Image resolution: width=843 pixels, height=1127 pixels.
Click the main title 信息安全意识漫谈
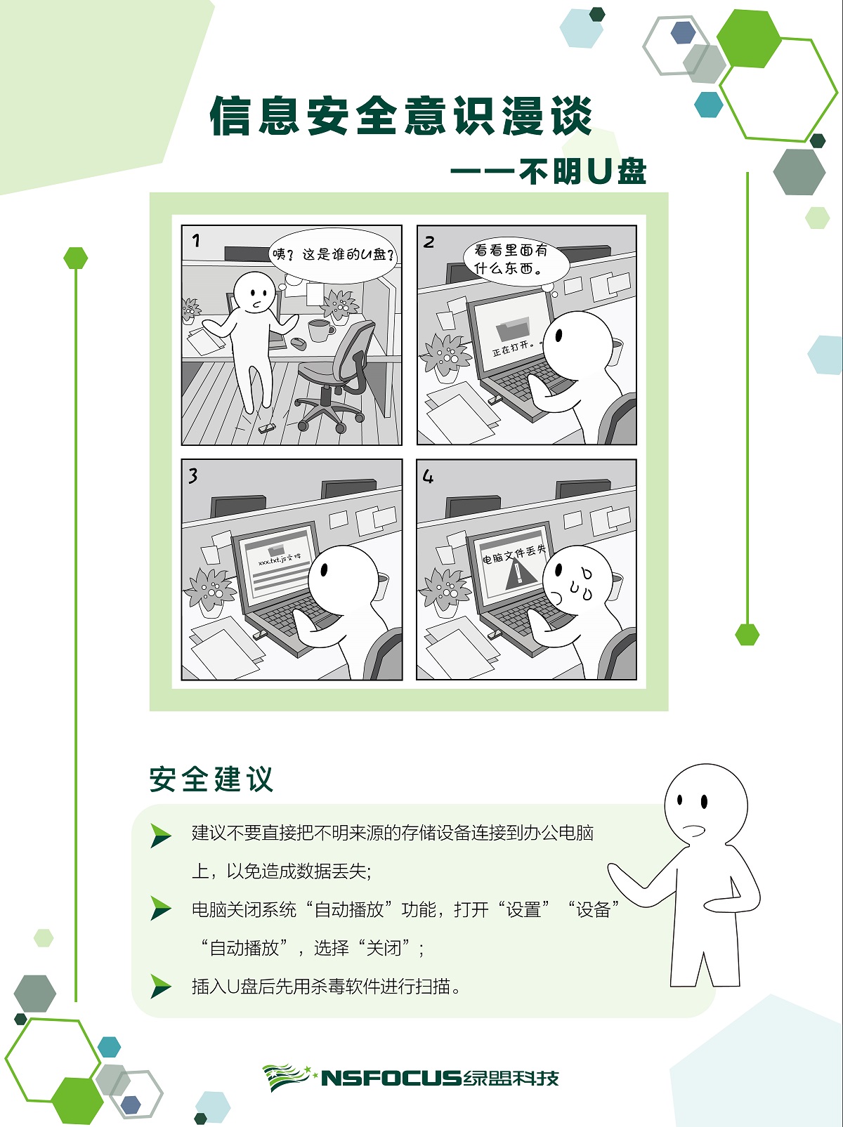tap(401, 116)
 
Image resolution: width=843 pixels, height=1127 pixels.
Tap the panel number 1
tap(196, 241)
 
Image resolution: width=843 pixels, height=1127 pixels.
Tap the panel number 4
tap(428, 477)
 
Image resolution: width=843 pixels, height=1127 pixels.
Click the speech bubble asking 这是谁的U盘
tap(333, 255)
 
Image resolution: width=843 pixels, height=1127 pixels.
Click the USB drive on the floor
tap(266, 428)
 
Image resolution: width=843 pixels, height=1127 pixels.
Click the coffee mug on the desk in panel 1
tap(320, 330)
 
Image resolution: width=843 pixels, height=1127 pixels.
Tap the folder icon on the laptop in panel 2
tap(513, 329)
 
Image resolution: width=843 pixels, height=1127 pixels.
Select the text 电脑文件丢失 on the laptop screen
tap(514, 554)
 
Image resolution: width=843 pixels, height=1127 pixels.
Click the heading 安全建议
tap(211, 779)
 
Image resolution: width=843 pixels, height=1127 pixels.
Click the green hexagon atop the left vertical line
tap(76, 258)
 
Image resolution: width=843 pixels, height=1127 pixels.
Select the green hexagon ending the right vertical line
tap(747, 634)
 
